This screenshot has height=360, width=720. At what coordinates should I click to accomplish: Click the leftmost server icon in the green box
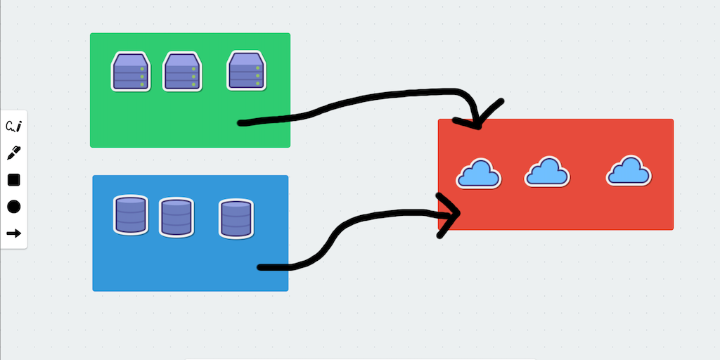[x=131, y=72]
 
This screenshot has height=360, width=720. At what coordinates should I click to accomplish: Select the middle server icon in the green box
[x=183, y=72]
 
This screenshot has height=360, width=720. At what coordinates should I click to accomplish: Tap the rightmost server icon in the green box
[x=247, y=71]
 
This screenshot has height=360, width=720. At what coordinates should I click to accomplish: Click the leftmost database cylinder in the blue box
[x=131, y=214]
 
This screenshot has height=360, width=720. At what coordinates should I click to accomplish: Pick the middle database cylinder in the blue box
[x=176, y=217]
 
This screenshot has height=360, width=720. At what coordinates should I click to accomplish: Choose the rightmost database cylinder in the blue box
[x=236, y=219]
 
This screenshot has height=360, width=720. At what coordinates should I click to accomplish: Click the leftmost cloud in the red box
[x=478, y=174]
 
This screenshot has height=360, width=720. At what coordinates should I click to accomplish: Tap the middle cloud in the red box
[x=547, y=172]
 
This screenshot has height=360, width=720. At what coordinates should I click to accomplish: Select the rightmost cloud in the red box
[x=629, y=172]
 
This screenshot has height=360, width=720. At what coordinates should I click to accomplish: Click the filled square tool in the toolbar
[x=13, y=180]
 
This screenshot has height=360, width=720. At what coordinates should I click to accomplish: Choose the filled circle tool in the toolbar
[x=13, y=207]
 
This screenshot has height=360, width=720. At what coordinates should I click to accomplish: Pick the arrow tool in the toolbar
[x=13, y=233]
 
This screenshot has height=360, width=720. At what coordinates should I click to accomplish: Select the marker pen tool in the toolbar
[x=13, y=153]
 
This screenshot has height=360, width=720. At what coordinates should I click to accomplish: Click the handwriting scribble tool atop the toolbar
[x=13, y=127]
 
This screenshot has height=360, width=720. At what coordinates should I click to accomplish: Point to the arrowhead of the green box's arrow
[x=479, y=125]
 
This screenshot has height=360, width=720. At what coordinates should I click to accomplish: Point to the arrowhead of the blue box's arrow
[x=457, y=212]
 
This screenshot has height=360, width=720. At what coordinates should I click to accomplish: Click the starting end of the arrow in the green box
[x=241, y=123]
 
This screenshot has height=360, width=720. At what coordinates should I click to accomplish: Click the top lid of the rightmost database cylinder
[x=236, y=206]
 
